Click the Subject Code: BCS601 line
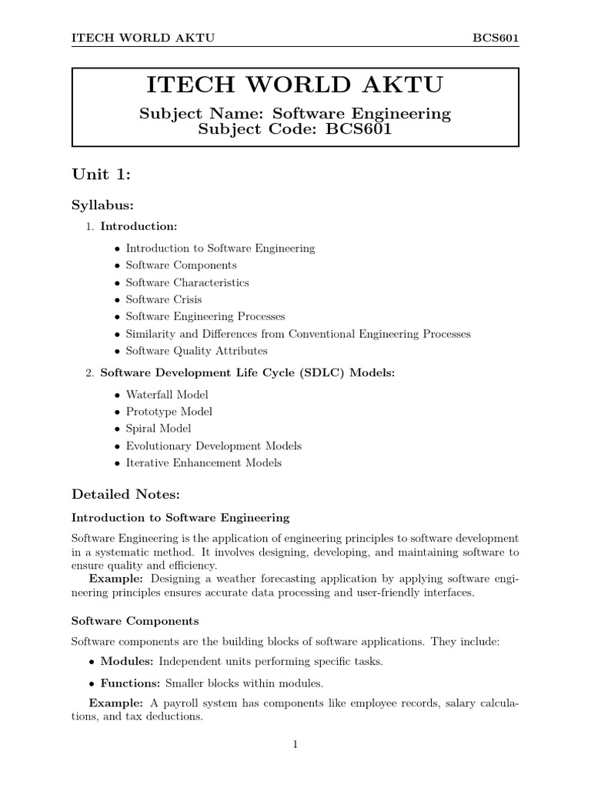295,129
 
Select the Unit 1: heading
101,175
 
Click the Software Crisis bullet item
163,299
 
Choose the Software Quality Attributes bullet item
196,350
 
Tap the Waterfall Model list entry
166,394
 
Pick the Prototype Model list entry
169,411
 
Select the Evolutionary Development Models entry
213,446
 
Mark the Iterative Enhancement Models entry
203,462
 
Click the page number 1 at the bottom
295,743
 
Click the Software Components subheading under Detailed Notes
135,620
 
